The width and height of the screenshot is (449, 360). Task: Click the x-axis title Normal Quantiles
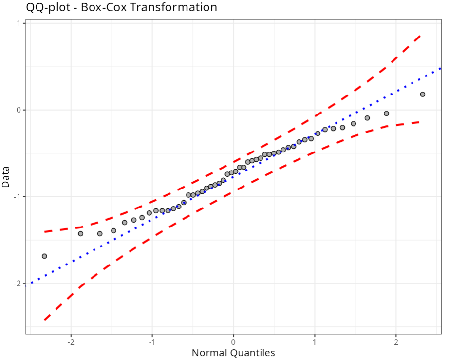point(233,353)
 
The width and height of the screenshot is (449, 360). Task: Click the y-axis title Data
point(6,177)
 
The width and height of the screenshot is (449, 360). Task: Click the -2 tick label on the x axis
point(71,341)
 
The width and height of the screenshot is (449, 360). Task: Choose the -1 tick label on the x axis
point(151,341)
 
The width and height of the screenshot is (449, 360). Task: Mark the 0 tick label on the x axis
point(233,341)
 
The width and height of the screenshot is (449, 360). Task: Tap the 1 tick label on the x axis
point(315,341)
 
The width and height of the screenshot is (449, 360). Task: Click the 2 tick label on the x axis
point(396,341)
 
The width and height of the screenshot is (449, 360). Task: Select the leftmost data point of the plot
point(44,256)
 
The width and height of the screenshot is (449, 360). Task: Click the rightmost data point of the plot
point(422,95)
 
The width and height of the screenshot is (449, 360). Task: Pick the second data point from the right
point(386,114)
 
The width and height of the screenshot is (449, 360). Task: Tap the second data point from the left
point(81,234)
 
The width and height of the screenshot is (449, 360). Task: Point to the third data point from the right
point(367,118)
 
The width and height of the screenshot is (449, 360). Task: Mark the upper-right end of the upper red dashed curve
point(420,35)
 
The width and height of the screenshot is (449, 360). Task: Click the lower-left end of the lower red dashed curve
point(44,320)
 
